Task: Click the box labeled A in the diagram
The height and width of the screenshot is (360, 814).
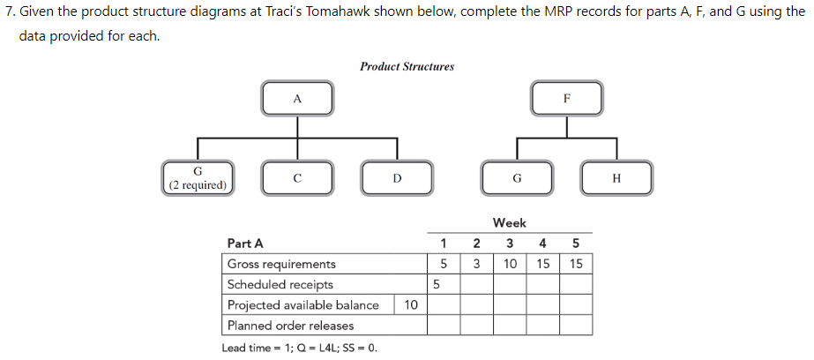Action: [297, 99]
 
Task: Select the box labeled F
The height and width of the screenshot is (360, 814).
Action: [567, 99]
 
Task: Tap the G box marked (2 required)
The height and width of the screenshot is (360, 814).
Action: [198, 177]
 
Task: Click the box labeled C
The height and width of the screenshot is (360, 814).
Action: [297, 177]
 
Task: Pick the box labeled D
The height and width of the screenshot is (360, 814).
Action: [397, 177]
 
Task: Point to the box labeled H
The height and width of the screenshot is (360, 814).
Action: [616, 177]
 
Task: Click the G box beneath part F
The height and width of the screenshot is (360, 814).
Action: [517, 177]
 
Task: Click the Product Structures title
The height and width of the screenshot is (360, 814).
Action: [407, 66]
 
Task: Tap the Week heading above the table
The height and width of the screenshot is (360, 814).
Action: [510, 223]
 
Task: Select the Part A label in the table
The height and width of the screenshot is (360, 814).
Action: [244, 244]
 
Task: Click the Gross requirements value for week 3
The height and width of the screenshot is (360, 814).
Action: [510, 264]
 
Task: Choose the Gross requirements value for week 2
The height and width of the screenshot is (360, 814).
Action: [476, 264]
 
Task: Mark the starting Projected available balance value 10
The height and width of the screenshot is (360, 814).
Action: [410, 304]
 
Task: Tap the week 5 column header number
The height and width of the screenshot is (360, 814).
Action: [575, 244]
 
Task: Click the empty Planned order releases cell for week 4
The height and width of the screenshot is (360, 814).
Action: [542, 326]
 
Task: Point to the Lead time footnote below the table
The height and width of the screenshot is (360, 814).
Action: [299, 348]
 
